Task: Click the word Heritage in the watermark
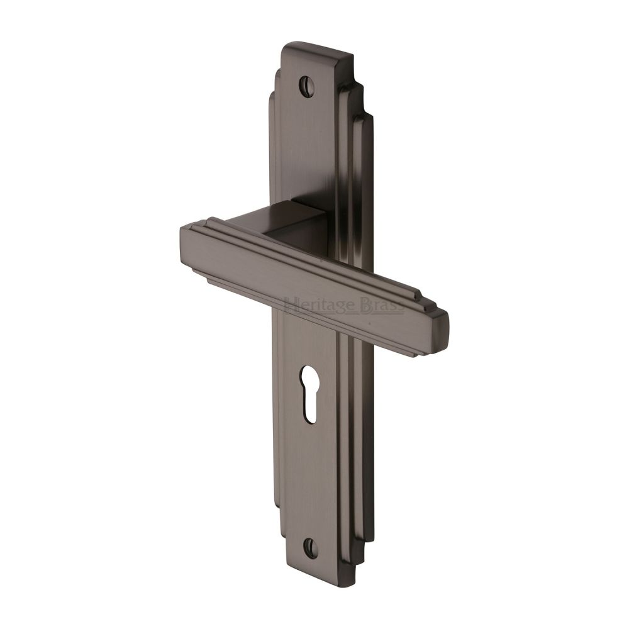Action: (x=312, y=306)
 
